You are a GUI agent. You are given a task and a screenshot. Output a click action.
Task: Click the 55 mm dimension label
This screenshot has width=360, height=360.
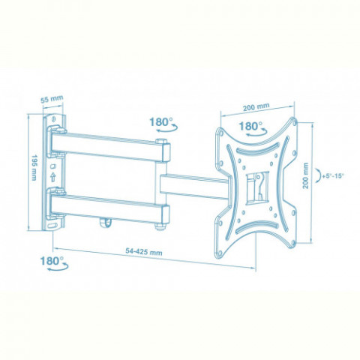(x=52, y=99)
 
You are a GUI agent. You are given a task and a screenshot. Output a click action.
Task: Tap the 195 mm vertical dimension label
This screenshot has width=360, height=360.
(x=34, y=167)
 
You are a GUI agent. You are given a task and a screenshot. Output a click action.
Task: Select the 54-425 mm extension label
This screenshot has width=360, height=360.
(x=144, y=251)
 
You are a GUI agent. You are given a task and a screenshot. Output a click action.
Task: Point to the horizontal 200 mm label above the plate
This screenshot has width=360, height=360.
(x=256, y=107)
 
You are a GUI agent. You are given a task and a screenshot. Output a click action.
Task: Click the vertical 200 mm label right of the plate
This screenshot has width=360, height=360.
(x=305, y=175)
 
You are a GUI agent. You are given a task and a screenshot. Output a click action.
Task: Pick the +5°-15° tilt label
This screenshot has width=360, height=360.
(x=333, y=176)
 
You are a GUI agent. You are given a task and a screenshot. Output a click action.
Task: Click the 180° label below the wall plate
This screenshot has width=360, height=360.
(x=52, y=261)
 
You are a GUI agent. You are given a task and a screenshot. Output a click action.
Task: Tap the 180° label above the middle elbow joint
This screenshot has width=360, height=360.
(x=161, y=122)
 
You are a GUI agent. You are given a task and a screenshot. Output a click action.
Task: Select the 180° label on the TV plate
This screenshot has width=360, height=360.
(x=250, y=126)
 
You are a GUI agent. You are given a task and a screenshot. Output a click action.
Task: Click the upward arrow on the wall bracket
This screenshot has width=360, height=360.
(x=52, y=177)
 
